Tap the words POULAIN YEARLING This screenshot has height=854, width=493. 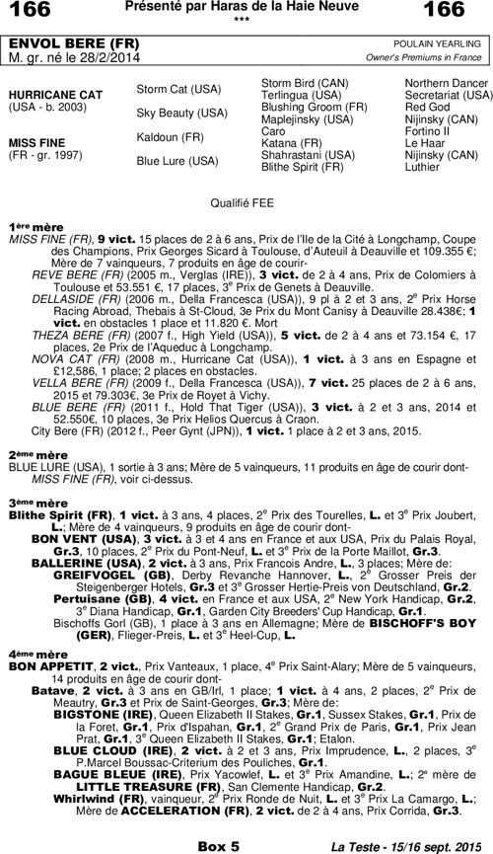click(x=440, y=45)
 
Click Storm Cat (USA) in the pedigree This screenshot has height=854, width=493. click(x=178, y=89)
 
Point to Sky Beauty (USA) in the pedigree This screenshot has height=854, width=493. click(x=181, y=114)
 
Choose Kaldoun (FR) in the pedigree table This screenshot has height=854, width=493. click(x=171, y=136)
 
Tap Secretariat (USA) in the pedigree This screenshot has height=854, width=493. click(x=449, y=95)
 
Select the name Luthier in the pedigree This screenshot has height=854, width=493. click(x=422, y=167)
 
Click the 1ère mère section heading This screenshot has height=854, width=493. click(x=31, y=226)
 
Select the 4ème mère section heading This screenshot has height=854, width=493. click(x=33, y=654)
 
